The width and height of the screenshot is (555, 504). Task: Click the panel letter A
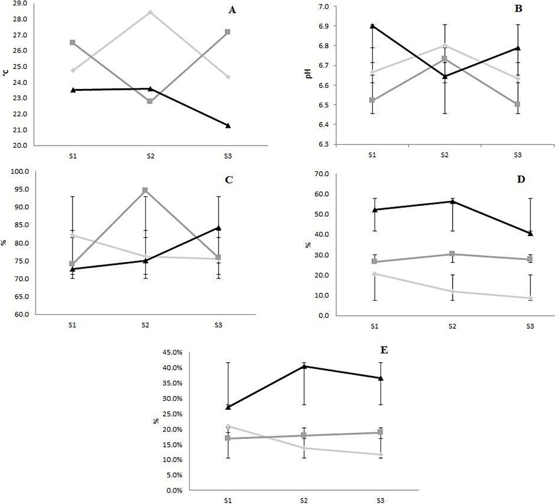(x=232, y=10)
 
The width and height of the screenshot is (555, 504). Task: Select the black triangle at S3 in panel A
(x=228, y=126)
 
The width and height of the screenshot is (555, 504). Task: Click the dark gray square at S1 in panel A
(x=73, y=43)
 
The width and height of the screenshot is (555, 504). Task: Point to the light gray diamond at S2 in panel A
(x=150, y=12)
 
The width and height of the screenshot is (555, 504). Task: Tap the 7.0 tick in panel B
(x=323, y=6)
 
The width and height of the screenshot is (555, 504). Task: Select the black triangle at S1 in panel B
(x=372, y=26)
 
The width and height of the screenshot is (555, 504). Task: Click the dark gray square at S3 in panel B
(x=517, y=104)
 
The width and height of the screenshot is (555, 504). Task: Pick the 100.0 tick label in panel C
(x=19, y=171)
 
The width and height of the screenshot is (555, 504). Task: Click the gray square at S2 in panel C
(x=145, y=190)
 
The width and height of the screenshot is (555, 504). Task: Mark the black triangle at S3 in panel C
(x=218, y=228)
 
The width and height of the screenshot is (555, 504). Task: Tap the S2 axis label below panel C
(x=145, y=325)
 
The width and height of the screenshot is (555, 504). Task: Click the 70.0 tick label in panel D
(x=323, y=174)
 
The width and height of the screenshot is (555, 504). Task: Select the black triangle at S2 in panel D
(x=452, y=201)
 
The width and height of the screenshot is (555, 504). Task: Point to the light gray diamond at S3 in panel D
(x=530, y=298)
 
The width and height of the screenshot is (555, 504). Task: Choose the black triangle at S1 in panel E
(x=228, y=407)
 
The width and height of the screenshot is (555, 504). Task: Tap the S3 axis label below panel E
(x=380, y=500)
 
